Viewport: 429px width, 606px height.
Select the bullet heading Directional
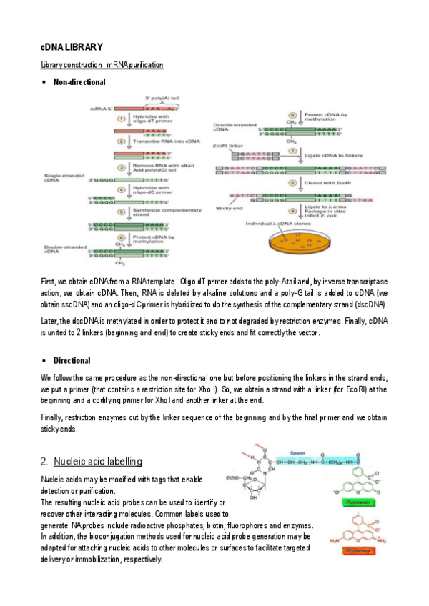point(71,360)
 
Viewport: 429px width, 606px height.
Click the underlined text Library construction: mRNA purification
point(102,65)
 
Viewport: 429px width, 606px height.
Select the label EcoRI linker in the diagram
point(226,145)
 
